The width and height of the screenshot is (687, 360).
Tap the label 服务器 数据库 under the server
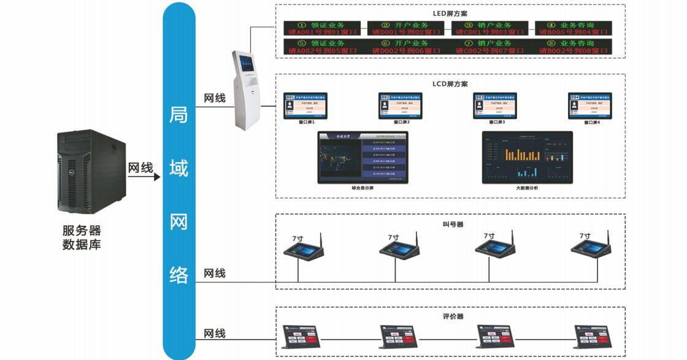pyautogui.click(x=82, y=238)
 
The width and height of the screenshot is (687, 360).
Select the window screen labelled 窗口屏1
pyautogui.click(x=306, y=106)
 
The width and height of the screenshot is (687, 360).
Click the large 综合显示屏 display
pyautogui.click(x=362, y=156)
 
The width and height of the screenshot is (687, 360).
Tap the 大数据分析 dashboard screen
pyautogui.click(x=527, y=156)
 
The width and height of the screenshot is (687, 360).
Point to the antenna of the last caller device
pyautogui.click(x=607, y=238)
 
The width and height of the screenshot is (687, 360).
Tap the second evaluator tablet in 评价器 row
pyautogui.click(x=399, y=337)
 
